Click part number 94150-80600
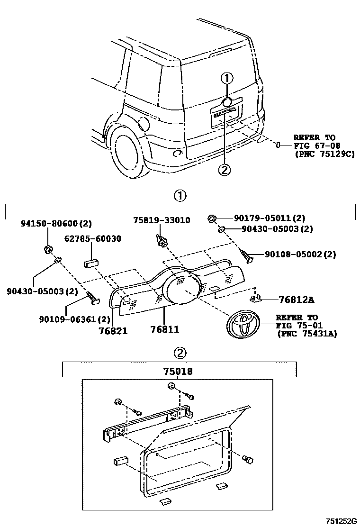click(49, 223)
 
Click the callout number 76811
click(164, 329)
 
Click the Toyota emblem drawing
click(243, 324)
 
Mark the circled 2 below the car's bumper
click(224, 168)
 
